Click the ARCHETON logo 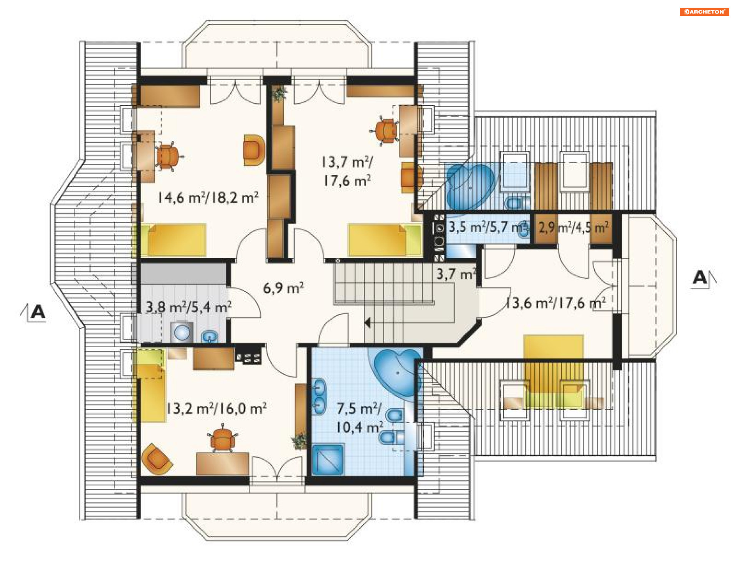click(704, 12)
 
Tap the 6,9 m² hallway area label click(283, 287)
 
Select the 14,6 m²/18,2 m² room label click(208, 198)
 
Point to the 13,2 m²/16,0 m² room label click(216, 408)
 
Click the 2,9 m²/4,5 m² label click(573, 228)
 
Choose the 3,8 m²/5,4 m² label click(188, 307)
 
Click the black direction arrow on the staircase click(367, 323)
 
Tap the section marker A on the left click(38, 312)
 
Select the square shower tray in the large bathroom click(328, 460)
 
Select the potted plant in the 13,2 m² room click(299, 441)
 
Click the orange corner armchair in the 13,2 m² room click(156, 459)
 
